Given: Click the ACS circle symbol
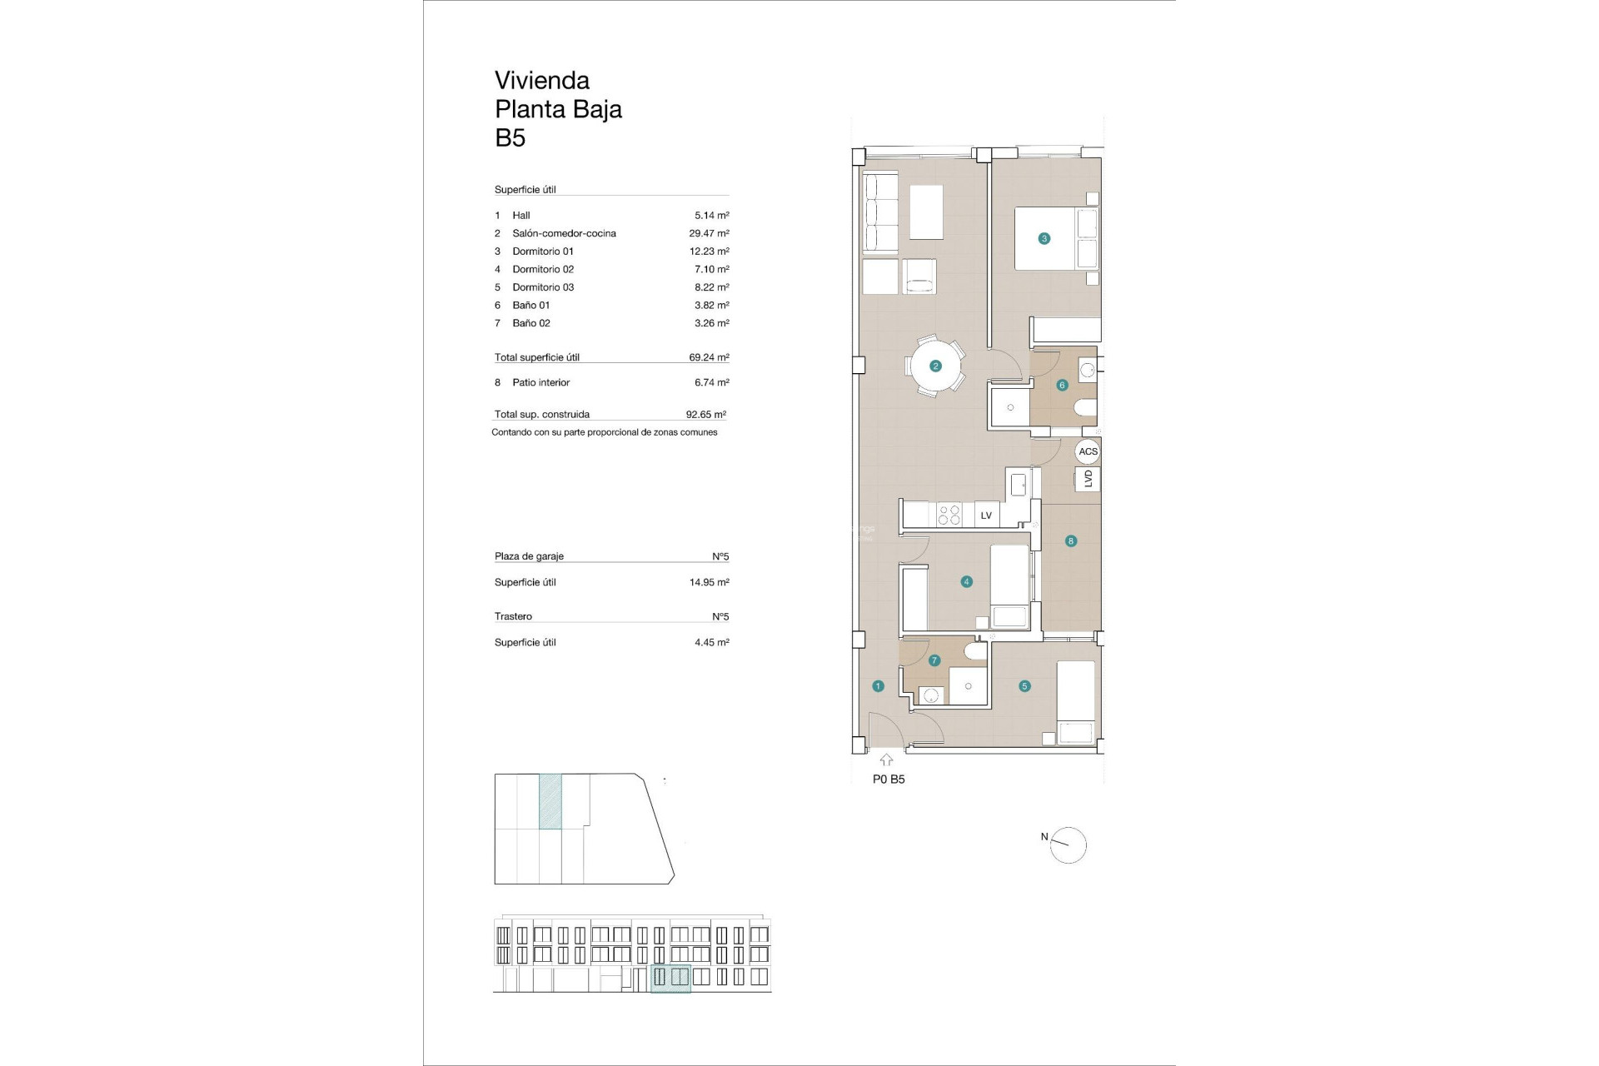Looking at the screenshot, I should [1088, 451].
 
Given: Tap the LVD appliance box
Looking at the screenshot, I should [1088, 479].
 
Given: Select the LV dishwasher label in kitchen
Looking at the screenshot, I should [986, 516].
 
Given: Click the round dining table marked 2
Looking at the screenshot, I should [935, 366].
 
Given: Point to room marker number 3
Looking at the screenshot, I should [1044, 238].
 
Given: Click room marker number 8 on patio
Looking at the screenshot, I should [1071, 540].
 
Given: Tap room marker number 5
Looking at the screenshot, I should [1024, 686].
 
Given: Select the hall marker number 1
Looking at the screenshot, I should [878, 686].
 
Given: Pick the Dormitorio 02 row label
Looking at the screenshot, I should [542, 269].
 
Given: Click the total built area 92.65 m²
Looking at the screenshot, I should [705, 414].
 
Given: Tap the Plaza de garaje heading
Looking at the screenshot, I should [529, 555].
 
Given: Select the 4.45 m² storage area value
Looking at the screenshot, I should [711, 642].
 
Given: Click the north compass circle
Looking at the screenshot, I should [1069, 845].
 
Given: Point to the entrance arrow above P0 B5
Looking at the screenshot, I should [886, 760].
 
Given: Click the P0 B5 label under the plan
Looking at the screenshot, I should [889, 780].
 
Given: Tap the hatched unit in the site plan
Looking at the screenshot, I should [550, 801].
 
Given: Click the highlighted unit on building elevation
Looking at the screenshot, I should [670, 978].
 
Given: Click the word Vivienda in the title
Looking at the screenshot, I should [541, 81].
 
